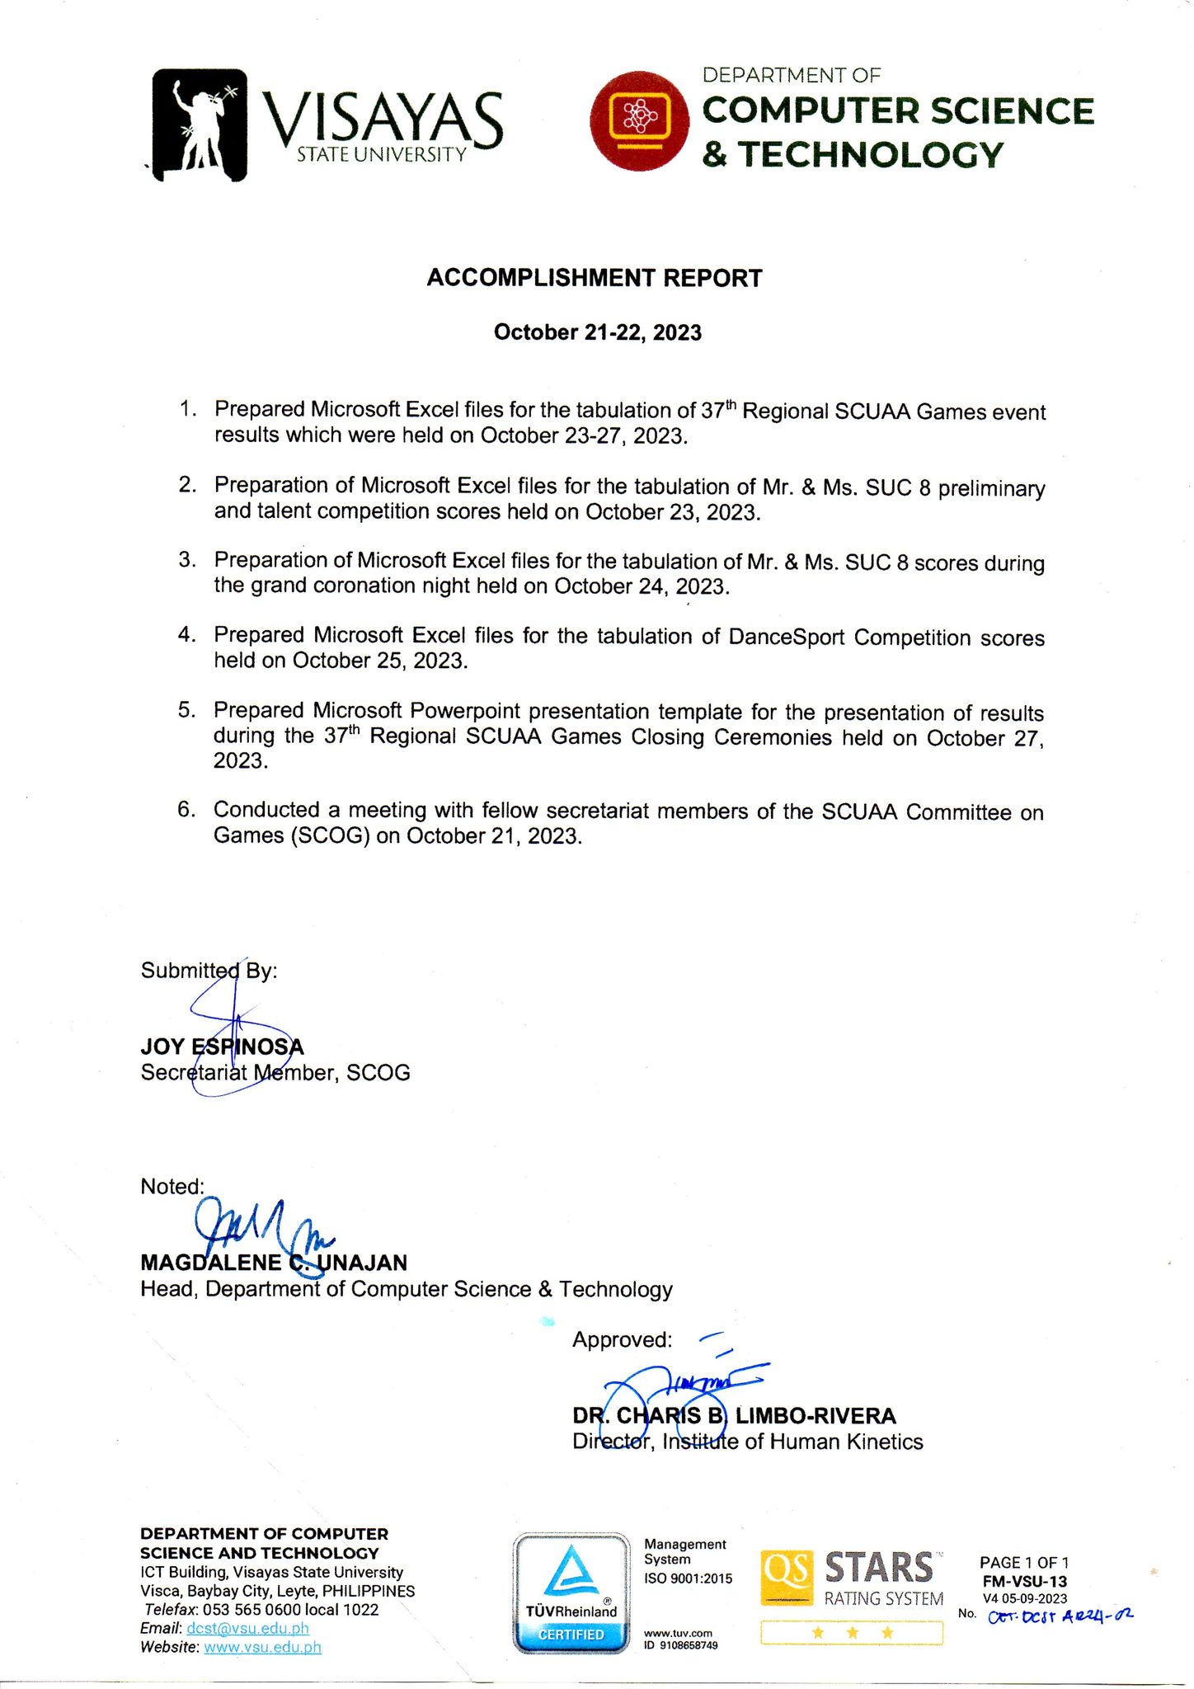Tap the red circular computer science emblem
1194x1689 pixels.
pos(640,121)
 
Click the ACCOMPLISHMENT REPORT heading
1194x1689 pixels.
pos(594,278)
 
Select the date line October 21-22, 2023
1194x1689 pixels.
pos(597,332)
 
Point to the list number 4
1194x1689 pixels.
pos(186,634)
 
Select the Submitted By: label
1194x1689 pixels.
pos(209,971)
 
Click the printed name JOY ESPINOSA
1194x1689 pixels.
pos(222,1047)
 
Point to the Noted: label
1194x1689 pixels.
pos(172,1187)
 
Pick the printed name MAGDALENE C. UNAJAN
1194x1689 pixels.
pos(274,1263)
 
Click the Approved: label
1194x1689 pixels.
pos(622,1340)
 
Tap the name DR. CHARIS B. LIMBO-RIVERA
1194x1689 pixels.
pos(734,1416)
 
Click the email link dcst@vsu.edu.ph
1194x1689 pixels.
pos(247,1628)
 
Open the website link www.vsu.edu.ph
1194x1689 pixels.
pos(262,1647)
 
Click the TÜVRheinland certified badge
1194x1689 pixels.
pos(571,1593)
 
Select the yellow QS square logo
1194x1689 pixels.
pos(787,1578)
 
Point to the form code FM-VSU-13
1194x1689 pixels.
pos(1024,1581)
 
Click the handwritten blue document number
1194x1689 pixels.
pos(1060,1616)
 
